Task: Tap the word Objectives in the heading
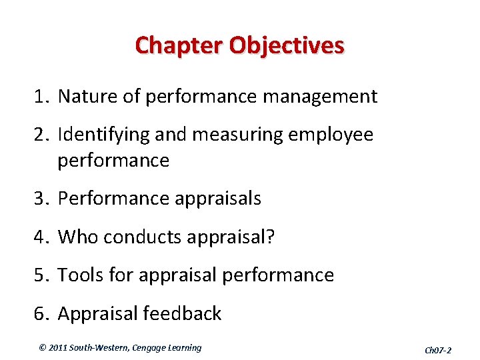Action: click(x=287, y=46)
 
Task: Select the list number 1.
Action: click(x=37, y=97)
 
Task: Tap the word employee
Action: click(x=331, y=135)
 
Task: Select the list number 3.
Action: click(x=37, y=199)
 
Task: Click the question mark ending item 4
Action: click(x=269, y=237)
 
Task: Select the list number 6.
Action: click(x=37, y=313)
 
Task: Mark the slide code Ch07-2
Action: click(x=438, y=350)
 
